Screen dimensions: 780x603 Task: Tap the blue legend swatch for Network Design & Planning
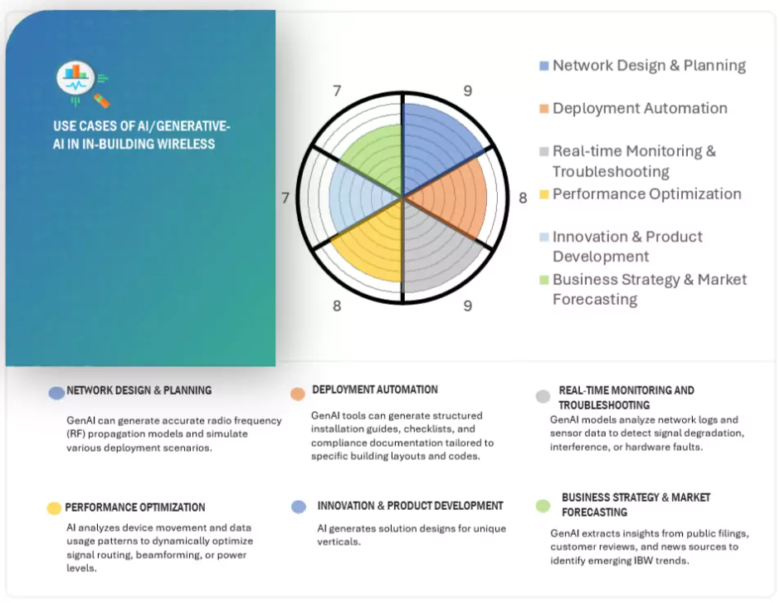pyautogui.click(x=544, y=66)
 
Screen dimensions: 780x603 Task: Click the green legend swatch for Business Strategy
pyautogui.click(x=544, y=280)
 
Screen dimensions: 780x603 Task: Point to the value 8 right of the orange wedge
pyautogui.click(x=523, y=199)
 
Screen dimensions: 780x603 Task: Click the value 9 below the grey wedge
pyautogui.click(x=468, y=306)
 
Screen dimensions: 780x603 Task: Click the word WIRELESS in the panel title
pyautogui.click(x=186, y=145)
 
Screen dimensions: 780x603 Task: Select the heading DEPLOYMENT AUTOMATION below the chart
pyautogui.click(x=375, y=390)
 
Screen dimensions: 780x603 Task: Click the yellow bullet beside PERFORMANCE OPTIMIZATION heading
pyautogui.click(x=54, y=507)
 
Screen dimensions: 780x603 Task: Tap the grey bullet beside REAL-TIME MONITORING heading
pyautogui.click(x=543, y=396)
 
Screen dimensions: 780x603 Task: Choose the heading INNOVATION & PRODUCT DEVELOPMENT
pyautogui.click(x=411, y=506)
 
